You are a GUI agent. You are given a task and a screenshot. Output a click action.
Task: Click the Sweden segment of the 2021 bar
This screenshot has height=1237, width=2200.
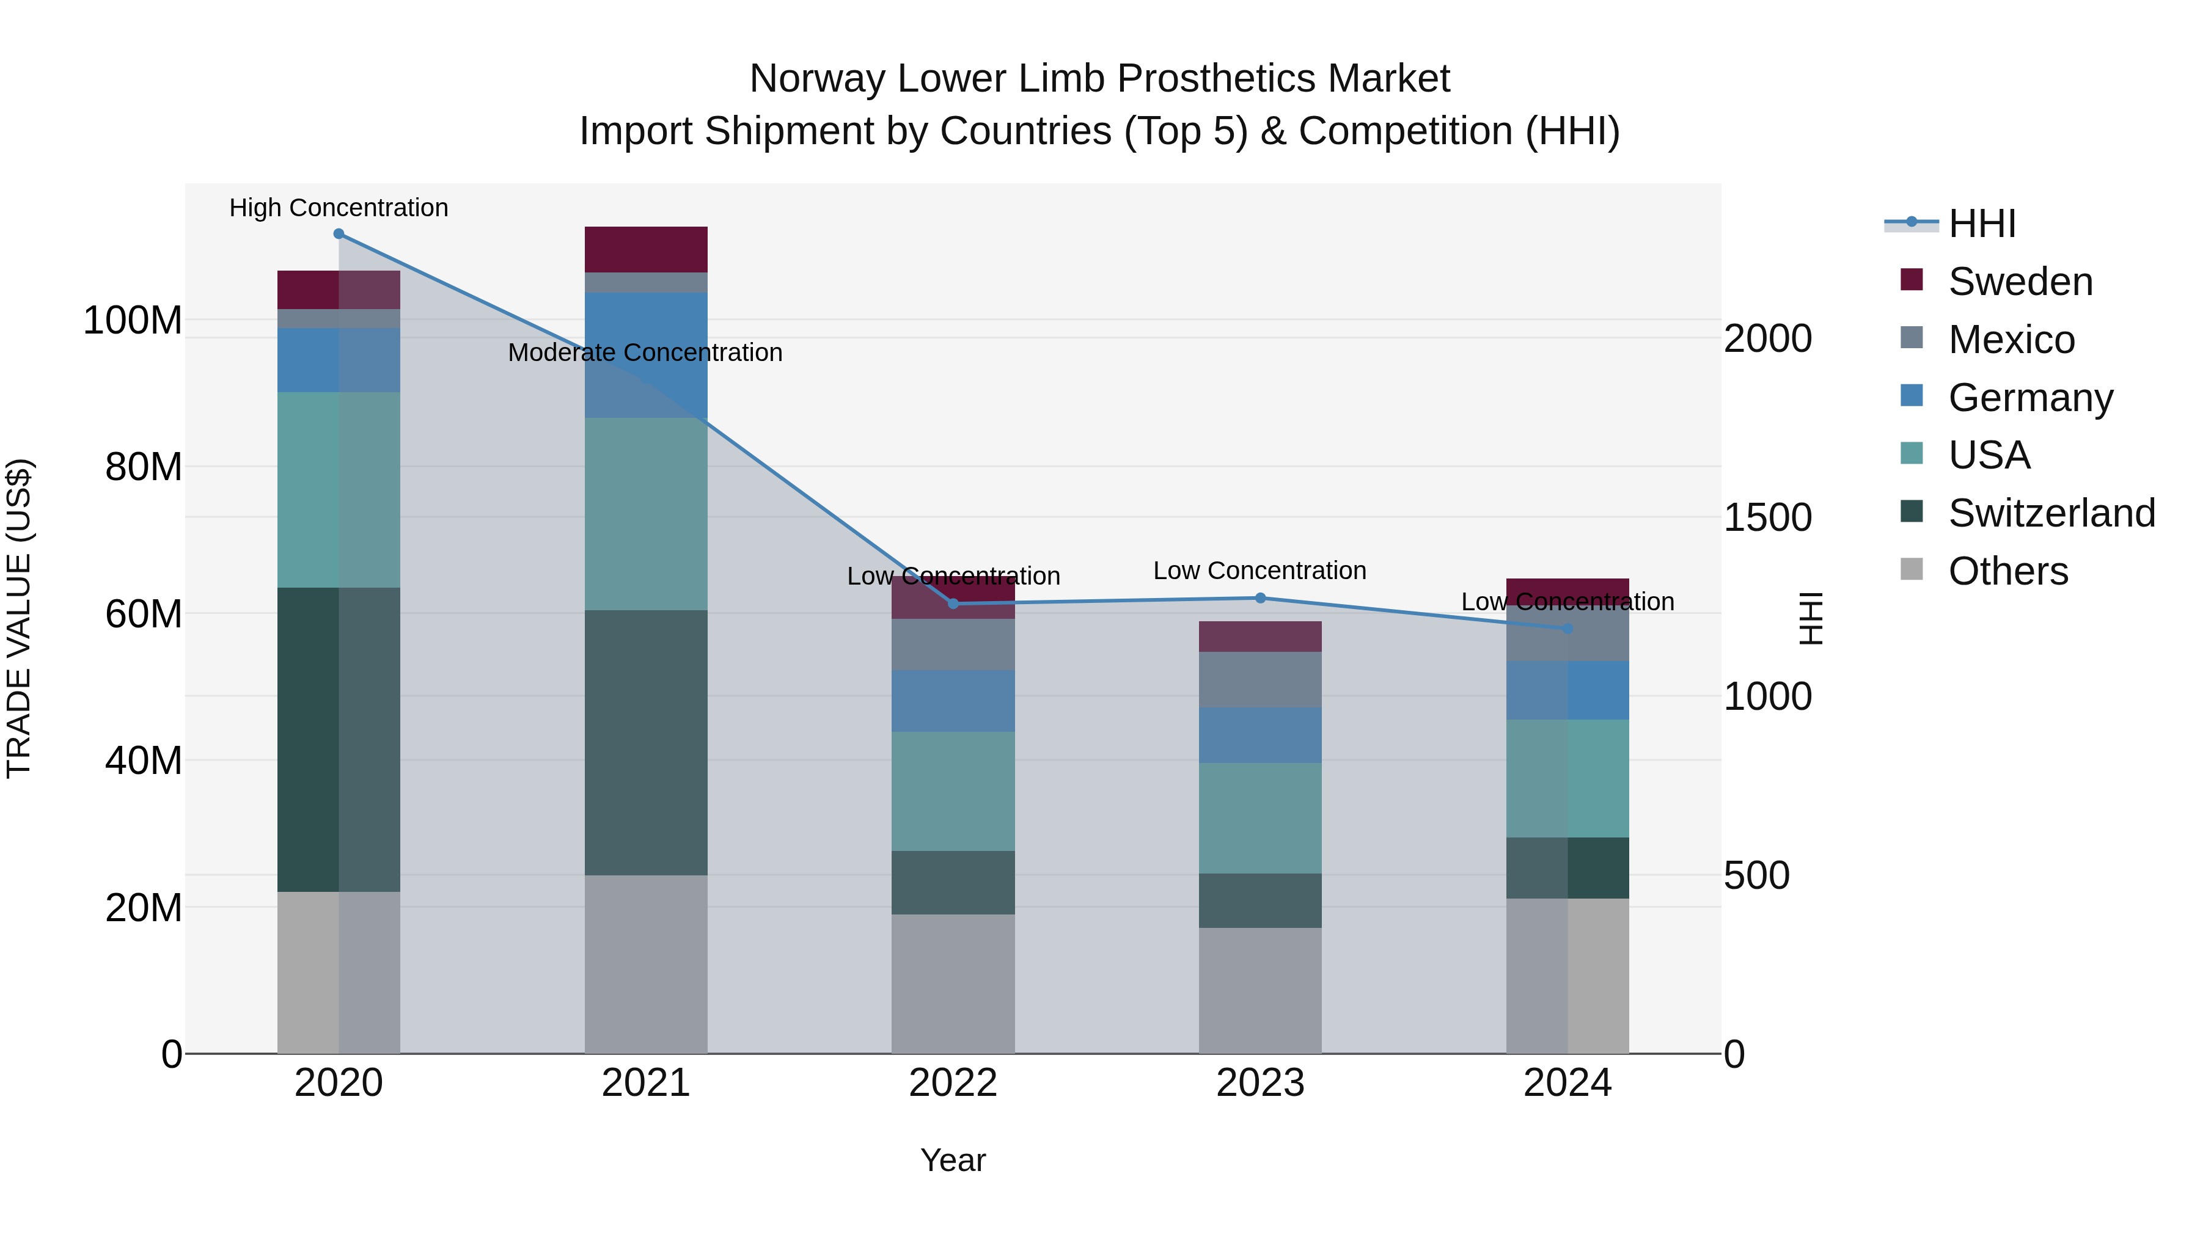[646, 249]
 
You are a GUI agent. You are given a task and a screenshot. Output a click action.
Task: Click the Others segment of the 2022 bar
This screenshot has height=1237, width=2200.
[953, 983]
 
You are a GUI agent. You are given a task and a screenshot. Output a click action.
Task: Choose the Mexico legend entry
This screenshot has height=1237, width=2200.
[2011, 340]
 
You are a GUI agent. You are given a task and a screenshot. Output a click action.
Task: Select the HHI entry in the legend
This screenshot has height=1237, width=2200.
[1981, 224]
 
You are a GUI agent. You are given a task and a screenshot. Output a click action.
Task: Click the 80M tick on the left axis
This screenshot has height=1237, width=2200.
[144, 467]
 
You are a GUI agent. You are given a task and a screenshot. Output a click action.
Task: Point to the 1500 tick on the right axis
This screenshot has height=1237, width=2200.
[1766, 517]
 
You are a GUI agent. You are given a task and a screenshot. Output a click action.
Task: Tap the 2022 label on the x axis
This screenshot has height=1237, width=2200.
[953, 1083]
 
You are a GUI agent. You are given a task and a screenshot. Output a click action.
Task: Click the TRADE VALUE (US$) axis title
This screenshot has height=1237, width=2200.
[19, 618]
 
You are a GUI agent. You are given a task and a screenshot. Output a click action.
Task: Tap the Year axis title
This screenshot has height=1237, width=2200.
[953, 1160]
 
